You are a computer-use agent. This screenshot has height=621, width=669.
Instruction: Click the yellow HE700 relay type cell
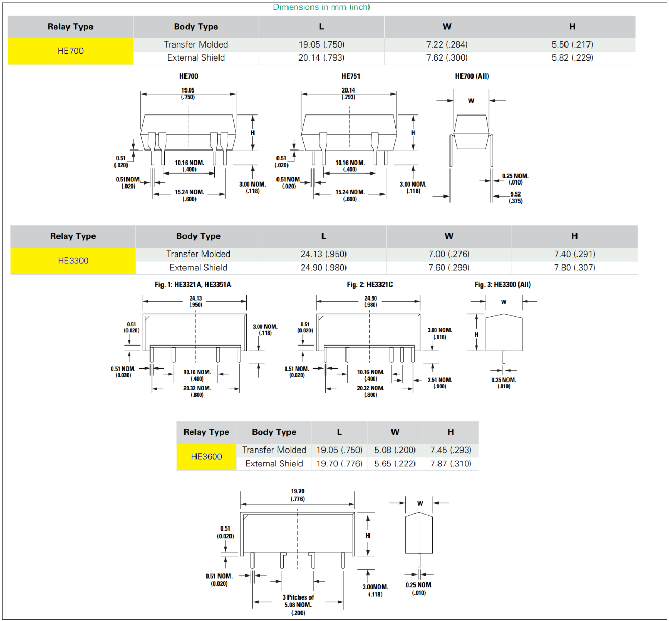pos(71,51)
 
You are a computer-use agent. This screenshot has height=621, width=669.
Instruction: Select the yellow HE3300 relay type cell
pos(73,261)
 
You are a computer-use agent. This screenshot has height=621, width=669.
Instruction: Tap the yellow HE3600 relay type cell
pos(206,457)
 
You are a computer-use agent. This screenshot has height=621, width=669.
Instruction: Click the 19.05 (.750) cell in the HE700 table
pos(321,44)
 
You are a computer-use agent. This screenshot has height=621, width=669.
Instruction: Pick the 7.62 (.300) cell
pos(447,57)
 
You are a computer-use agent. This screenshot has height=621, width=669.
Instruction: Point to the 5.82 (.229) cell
pos(572,57)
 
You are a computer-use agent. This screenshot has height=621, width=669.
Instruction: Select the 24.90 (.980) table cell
pos(324,268)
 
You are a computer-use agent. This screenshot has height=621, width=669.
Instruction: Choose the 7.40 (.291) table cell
pos(574,254)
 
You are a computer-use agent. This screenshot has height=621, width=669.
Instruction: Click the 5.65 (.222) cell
pos(395,464)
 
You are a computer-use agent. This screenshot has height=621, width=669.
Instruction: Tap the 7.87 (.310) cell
pos(451,464)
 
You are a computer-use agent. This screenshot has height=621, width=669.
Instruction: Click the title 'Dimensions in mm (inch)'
pos(321,7)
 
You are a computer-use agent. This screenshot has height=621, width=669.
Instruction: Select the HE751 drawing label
pos(351,76)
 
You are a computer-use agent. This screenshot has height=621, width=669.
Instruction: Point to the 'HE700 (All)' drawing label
pos(472,76)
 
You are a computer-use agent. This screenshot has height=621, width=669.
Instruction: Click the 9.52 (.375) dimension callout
pos(515,198)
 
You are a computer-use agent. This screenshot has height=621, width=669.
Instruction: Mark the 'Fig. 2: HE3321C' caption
pos(370,285)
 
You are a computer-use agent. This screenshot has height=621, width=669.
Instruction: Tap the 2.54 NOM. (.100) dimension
pos(440,383)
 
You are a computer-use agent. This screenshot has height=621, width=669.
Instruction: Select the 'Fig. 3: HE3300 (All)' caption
pos(503,285)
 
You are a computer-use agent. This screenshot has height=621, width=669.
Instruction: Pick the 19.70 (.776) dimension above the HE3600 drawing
pos(297,495)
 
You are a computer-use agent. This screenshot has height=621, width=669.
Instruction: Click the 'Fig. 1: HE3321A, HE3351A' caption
pos(193,285)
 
